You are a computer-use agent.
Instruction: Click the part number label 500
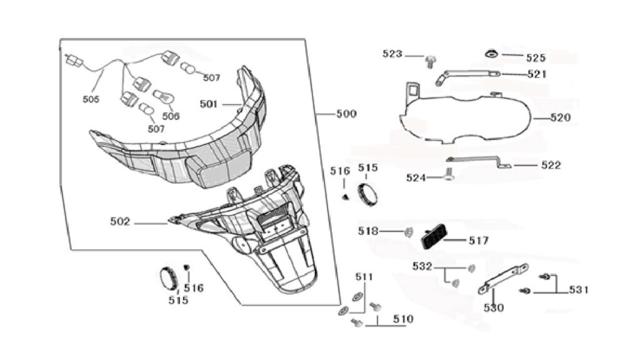346,114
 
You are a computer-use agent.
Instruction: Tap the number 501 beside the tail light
209,104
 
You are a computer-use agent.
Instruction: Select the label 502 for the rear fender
120,222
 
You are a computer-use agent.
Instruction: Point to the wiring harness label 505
91,99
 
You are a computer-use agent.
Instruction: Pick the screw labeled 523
430,62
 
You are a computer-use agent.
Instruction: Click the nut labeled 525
491,54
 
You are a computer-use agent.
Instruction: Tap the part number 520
561,118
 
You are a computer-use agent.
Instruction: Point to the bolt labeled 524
448,176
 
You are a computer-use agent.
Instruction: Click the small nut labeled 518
407,232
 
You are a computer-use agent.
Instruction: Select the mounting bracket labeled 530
503,279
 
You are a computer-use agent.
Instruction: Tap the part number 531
579,290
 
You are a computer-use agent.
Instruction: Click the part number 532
422,266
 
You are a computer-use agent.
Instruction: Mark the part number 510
403,319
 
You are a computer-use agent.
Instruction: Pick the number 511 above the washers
364,277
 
